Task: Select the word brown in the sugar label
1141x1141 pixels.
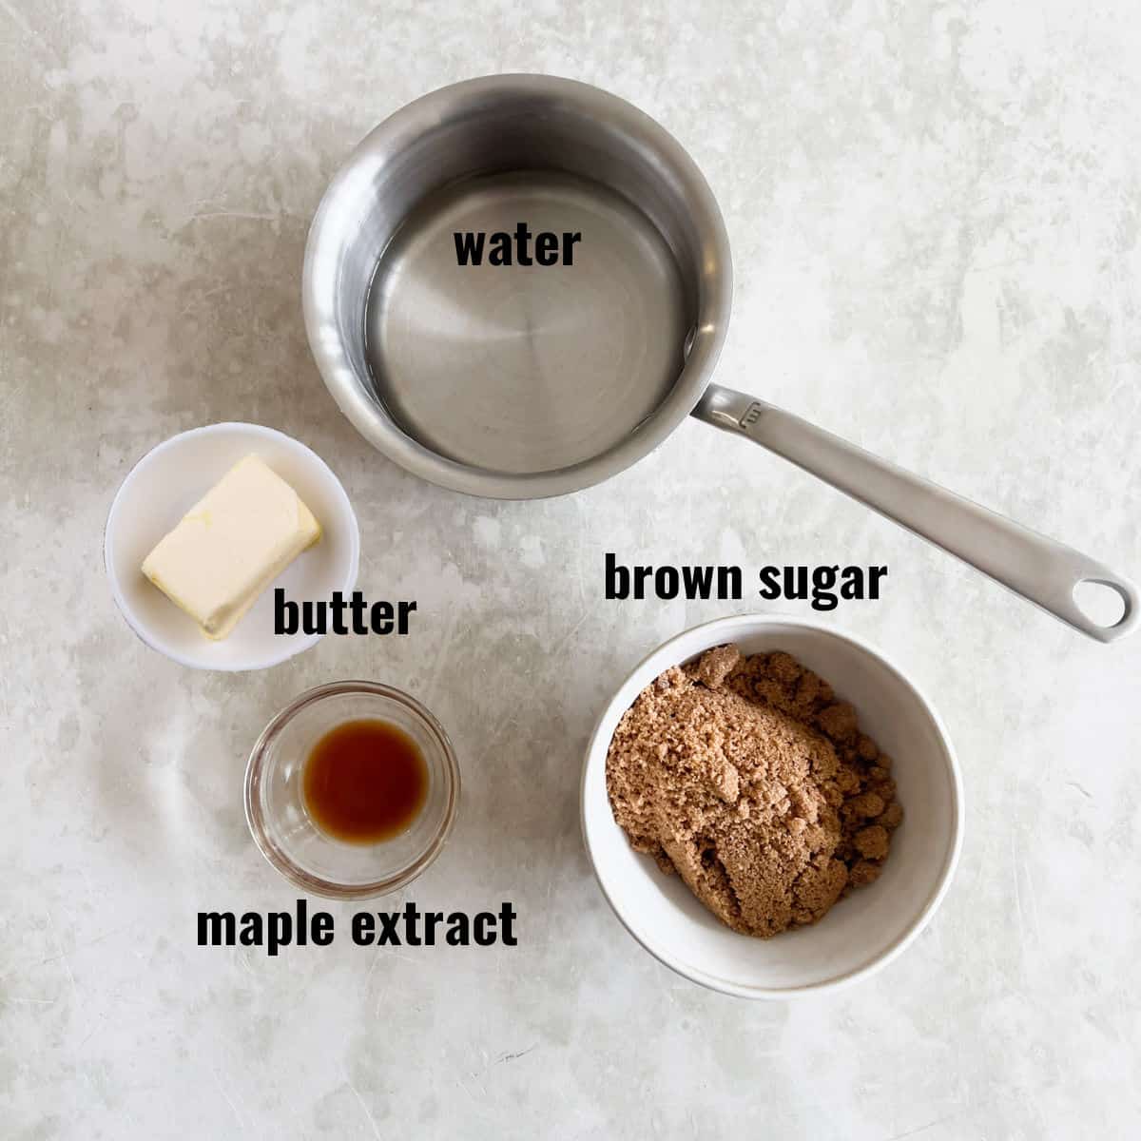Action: (x=672, y=579)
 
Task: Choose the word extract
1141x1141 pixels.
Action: (x=435, y=925)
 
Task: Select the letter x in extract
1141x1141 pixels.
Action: (x=389, y=927)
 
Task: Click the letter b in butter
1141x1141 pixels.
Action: (x=284, y=612)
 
